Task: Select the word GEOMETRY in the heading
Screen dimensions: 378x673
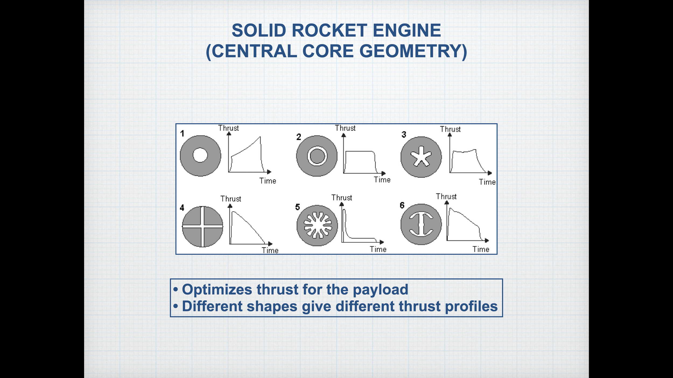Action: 413,51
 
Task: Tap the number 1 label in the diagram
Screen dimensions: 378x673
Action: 182,133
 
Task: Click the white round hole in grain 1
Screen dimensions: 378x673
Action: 200,155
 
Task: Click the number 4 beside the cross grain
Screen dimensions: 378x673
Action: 182,208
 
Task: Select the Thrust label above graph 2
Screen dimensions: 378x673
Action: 345,128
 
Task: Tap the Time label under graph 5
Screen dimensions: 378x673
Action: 378,249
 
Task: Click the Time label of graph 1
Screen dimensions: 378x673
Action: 268,181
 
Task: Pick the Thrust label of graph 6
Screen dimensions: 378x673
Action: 446,197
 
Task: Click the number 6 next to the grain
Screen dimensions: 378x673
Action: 402,205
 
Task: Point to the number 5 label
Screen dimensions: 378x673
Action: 297,207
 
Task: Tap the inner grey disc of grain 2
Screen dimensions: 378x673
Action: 317,156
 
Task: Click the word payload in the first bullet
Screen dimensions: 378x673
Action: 380,290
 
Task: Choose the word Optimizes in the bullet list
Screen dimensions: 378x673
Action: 217,290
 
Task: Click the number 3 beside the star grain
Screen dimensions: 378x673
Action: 404,134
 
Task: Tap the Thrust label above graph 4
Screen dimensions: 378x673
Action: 231,199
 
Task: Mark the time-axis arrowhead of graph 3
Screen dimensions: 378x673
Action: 490,173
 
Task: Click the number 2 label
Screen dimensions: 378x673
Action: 299,137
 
